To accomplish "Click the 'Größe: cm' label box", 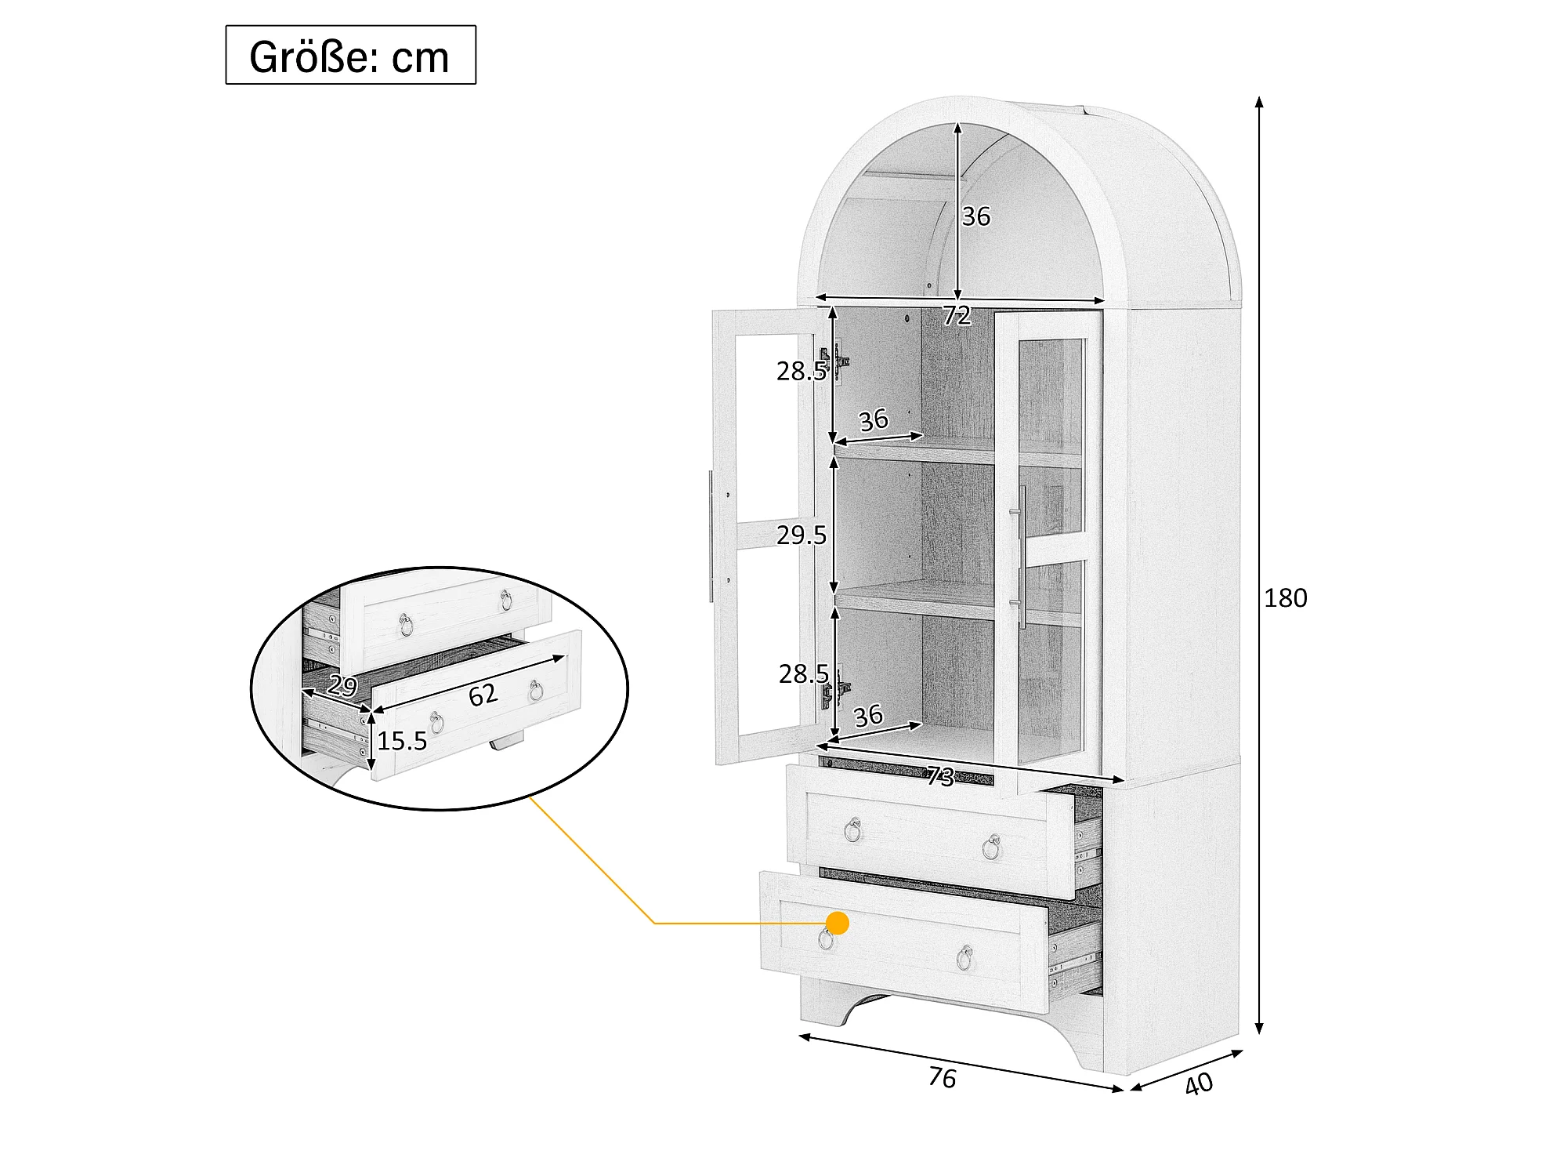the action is [x=350, y=55].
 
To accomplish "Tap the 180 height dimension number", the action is [x=1285, y=598].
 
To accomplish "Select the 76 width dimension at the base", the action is [x=942, y=1077].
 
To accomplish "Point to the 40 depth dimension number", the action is [x=1199, y=1083].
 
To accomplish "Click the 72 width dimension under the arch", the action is [x=957, y=315].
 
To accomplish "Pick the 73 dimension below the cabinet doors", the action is [x=940, y=776].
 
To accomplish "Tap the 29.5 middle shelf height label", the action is [x=801, y=535].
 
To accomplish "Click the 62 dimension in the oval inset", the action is [x=483, y=695].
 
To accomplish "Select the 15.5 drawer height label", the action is [x=402, y=741].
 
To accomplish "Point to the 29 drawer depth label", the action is [x=342, y=685].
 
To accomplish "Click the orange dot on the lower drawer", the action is [x=838, y=923].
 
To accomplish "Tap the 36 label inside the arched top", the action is [x=976, y=216].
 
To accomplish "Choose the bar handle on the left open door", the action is [x=711, y=536].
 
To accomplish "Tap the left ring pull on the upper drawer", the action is [x=853, y=829].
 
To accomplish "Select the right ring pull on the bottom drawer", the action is [x=964, y=957].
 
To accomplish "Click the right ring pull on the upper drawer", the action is [x=992, y=847].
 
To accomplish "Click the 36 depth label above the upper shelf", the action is [x=874, y=420].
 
